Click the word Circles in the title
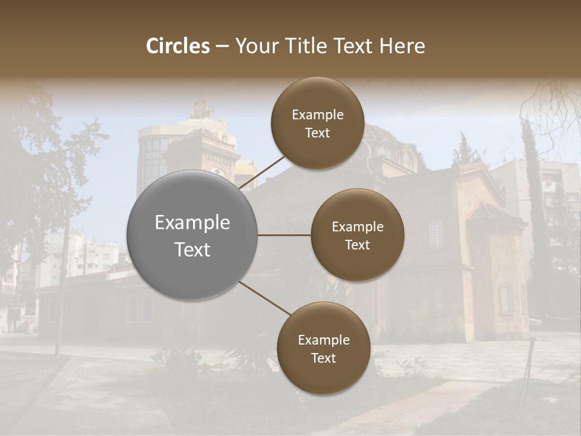(178, 46)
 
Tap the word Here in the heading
(402, 46)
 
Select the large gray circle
(192, 235)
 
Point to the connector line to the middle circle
(284, 235)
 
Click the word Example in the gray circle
(192, 223)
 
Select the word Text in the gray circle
(192, 249)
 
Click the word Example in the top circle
(318, 114)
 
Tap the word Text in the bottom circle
(323, 358)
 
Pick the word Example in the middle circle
(358, 227)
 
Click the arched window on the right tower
(436, 233)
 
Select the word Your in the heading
(255, 46)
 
